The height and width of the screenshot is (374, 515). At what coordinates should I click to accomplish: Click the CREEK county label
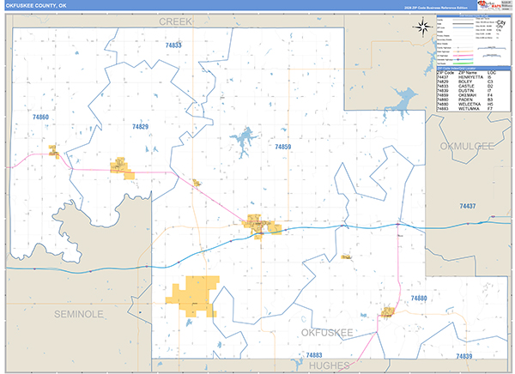[175, 19]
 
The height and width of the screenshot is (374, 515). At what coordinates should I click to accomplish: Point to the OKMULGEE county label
[467, 147]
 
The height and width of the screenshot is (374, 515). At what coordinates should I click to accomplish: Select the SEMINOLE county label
[78, 315]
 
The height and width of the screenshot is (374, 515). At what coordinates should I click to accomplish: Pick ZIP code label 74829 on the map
[140, 127]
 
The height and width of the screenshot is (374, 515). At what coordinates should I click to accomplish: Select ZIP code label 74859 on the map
[283, 147]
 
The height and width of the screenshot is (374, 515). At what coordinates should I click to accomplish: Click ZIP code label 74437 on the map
[467, 206]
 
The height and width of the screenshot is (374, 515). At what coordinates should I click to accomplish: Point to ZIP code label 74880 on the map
[418, 298]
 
